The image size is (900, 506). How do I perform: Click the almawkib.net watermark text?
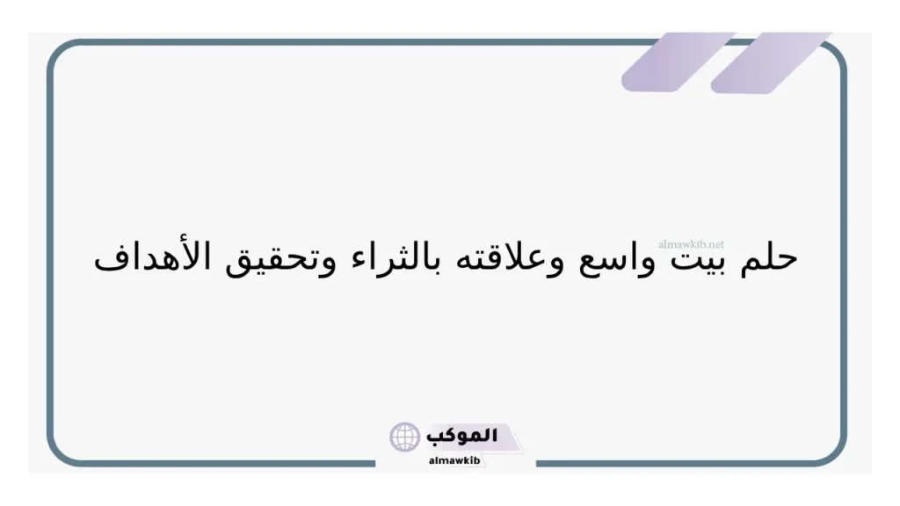(690, 236)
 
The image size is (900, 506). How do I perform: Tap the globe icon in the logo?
(405, 436)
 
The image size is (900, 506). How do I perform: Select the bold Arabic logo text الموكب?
(461, 435)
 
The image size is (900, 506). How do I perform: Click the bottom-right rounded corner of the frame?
(834, 452)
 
